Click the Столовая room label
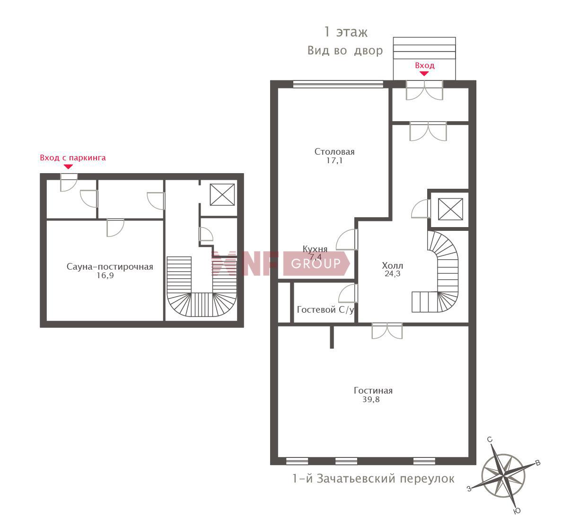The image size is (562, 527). (334, 152)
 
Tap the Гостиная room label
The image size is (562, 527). (373, 390)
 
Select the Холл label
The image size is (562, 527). (393, 266)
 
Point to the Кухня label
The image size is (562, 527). (315, 249)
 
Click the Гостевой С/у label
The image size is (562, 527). (325, 309)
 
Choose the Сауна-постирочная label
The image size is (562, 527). (110, 267)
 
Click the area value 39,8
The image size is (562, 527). (371, 399)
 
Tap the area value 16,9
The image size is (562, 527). (105, 275)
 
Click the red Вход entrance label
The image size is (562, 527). (425, 65)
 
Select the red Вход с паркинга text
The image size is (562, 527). (73, 158)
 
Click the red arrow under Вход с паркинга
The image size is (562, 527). (68, 167)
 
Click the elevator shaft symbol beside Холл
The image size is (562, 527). (450, 209)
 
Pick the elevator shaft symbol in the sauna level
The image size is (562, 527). (222, 194)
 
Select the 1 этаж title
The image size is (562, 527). (346, 32)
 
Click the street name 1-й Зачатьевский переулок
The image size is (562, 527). (373, 479)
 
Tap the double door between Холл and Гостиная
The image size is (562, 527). (387, 331)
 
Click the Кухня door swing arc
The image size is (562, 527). (346, 239)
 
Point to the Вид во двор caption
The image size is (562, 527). (345, 50)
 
